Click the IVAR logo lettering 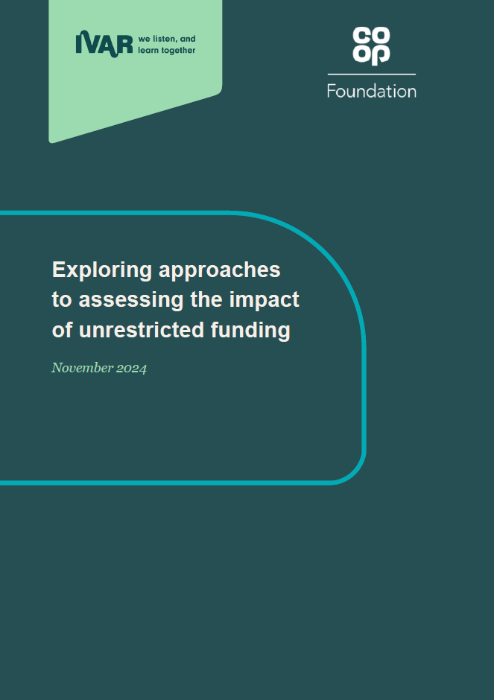104,44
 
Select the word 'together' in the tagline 179,51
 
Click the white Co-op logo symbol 371,45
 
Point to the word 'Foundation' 372,91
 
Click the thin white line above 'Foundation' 372,74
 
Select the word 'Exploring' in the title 102,270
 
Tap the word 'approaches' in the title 220,270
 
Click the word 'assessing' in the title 131,300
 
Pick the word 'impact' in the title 264,300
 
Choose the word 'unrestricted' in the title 141,330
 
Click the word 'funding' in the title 250,331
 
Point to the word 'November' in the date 83,367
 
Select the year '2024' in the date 131,369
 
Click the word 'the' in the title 206,299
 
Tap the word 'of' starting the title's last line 62,330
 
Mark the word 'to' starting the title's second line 62,300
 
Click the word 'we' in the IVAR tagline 144,39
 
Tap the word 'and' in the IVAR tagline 188,39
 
